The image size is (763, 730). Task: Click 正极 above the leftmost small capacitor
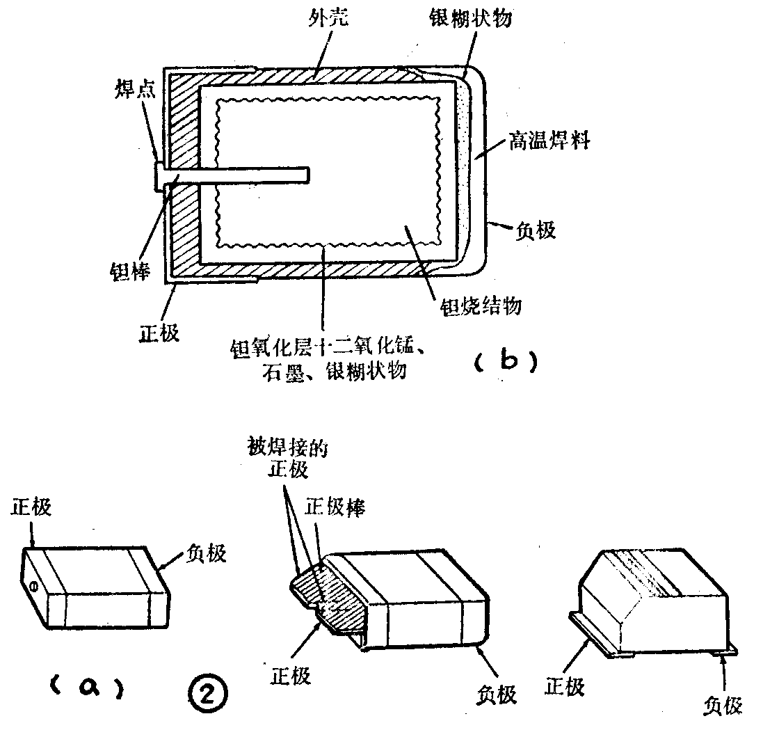click(x=31, y=507)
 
